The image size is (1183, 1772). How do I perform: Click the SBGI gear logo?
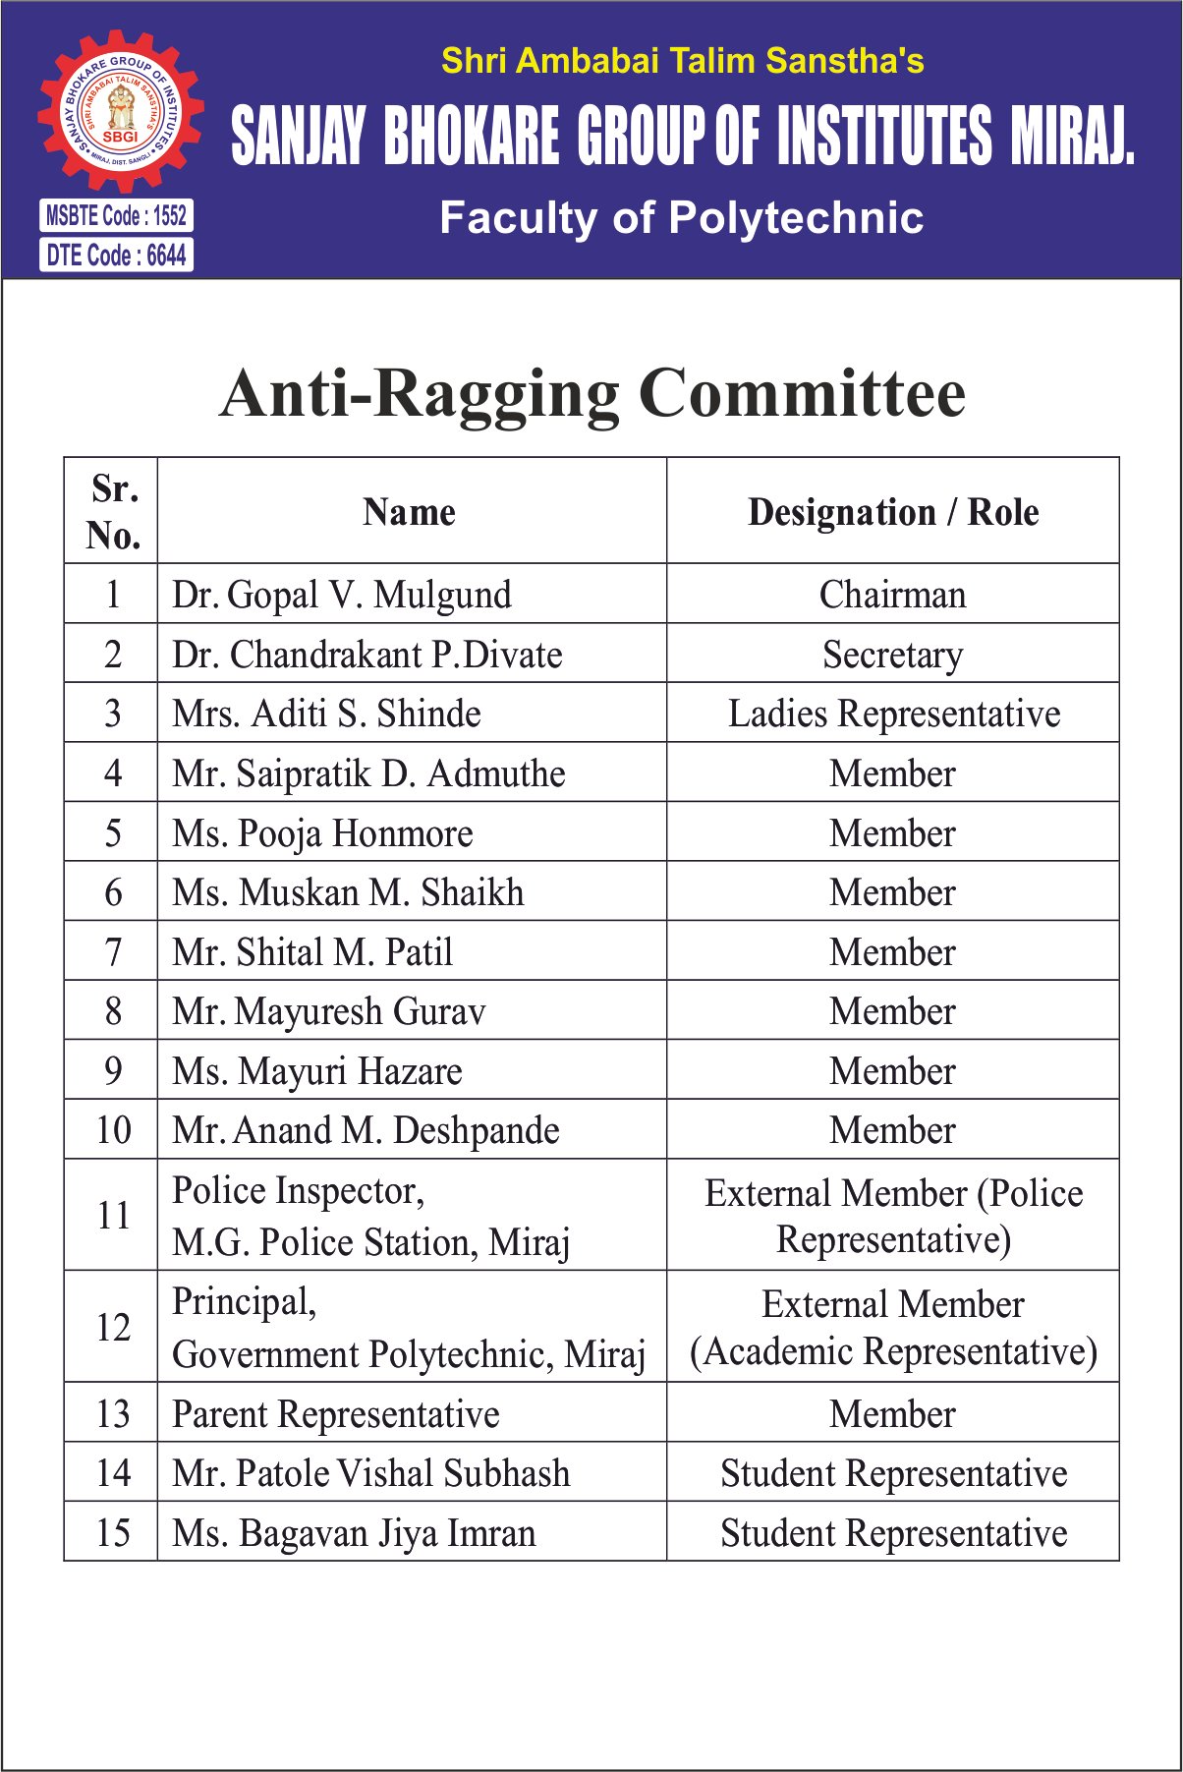(121, 111)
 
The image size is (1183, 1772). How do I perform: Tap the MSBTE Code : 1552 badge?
(116, 215)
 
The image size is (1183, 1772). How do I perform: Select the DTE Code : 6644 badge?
(116, 256)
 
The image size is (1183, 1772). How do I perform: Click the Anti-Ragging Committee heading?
(592, 393)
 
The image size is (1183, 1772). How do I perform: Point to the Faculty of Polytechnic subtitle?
(681, 218)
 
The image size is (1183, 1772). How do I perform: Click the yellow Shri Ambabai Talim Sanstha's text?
(682, 61)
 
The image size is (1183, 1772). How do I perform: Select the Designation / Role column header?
(892, 512)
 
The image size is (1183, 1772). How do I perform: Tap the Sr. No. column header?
(113, 512)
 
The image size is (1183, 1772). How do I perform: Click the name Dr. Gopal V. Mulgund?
(342, 595)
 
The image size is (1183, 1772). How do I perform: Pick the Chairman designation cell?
(892, 595)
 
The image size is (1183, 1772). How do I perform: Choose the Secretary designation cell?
(892, 655)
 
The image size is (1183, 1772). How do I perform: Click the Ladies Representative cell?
(893, 714)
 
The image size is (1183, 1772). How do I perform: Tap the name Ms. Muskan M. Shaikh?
(348, 892)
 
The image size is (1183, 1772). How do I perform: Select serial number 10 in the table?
(113, 1130)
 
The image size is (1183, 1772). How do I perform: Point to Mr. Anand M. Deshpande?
(366, 1130)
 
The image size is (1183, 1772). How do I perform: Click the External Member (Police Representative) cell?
(893, 1216)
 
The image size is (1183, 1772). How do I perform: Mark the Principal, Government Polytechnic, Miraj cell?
(409, 1328)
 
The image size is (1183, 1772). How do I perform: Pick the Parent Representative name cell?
(336, 1414)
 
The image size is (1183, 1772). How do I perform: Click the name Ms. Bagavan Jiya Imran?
(354, 1533)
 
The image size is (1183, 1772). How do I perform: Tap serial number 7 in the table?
(113, 952)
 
